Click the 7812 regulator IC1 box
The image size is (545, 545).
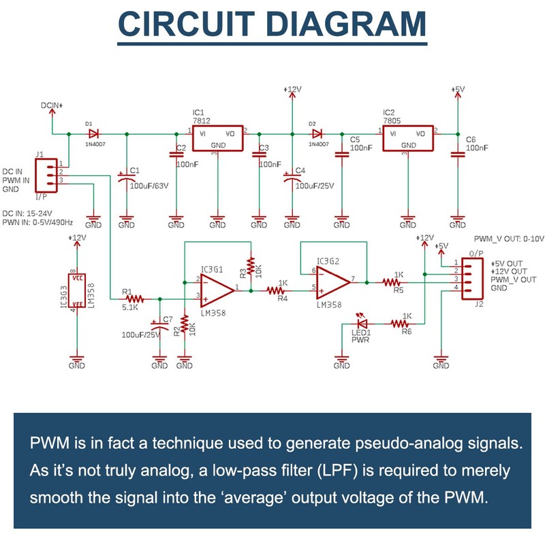[x=217, y=139]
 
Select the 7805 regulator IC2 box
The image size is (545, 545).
[x=408, y=139]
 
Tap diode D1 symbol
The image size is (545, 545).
[x=94, y=133]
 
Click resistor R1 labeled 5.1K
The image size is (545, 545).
[x=134, y=298]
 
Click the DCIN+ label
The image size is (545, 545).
[x=51, y=106]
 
